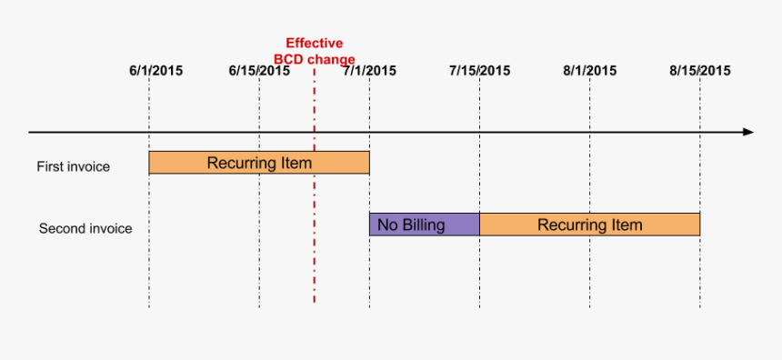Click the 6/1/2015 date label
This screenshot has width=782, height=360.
(155, 70)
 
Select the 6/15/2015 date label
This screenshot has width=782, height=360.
(260, 70)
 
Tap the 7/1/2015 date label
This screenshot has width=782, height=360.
(369, 70)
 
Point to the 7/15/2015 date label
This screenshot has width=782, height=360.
(479, 70)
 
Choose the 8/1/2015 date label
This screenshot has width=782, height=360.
(589, 70)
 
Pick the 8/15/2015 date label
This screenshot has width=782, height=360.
(699, 70)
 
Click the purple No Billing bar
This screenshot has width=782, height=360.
(424, 225)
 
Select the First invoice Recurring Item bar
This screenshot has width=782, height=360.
(259, 163)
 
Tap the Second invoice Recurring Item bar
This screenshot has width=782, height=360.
(589, 225)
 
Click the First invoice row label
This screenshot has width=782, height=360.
(73, 166)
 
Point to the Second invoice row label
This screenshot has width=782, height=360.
(85, 229)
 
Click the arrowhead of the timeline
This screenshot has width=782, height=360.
(747, 132)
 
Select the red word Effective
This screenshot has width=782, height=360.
(314, 43)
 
